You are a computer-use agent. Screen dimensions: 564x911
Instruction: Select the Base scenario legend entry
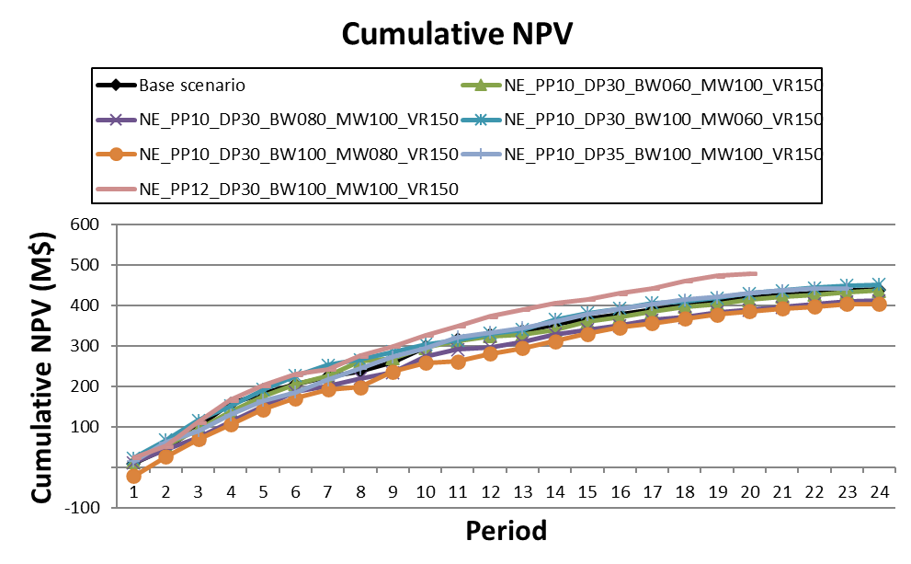192,86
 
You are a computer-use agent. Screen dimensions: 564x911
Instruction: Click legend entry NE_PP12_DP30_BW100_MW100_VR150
298,190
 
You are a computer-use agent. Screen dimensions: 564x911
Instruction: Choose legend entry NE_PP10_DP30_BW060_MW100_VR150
662,86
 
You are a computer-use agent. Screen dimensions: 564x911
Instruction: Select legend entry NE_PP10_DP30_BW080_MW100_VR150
298,120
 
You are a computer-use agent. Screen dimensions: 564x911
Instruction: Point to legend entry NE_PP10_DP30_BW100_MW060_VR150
662,120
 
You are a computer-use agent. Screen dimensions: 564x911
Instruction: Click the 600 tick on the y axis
84,224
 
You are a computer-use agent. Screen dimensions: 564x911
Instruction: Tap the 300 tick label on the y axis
84,346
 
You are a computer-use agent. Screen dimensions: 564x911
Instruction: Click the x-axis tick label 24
879,492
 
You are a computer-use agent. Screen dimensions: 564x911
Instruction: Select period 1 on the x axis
133,492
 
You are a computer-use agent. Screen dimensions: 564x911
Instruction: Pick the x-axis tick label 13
522,492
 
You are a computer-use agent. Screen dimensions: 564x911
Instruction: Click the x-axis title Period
506,531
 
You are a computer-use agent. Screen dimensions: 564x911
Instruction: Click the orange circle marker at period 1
133,476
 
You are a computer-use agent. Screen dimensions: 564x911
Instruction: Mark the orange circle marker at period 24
879,304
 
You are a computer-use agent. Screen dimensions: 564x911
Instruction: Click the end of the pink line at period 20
755,273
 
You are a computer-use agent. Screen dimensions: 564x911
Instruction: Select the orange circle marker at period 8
360,387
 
